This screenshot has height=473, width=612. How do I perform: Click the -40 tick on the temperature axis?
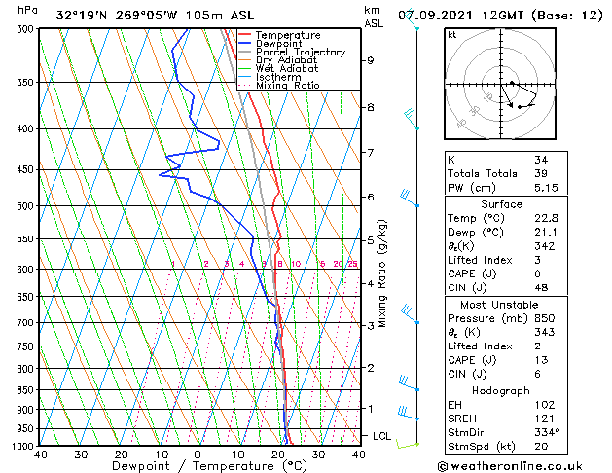pyautogui.click(x=38, y=455)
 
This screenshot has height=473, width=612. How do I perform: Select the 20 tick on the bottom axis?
pyautogui.click(x=278, y=455)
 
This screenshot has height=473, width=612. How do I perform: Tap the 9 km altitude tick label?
pyautogui.click(x=370, y=60)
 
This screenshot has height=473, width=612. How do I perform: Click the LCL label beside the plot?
pyautogui.click(x=381, y=436)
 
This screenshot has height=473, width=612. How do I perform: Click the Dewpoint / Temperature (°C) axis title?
pyautogui.click(x=198, y=467)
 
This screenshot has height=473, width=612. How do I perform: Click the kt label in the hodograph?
pyautogui.click(x=451, y=35)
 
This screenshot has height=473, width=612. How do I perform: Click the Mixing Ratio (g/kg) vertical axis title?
pyautogui.click(x=382, y=273)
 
